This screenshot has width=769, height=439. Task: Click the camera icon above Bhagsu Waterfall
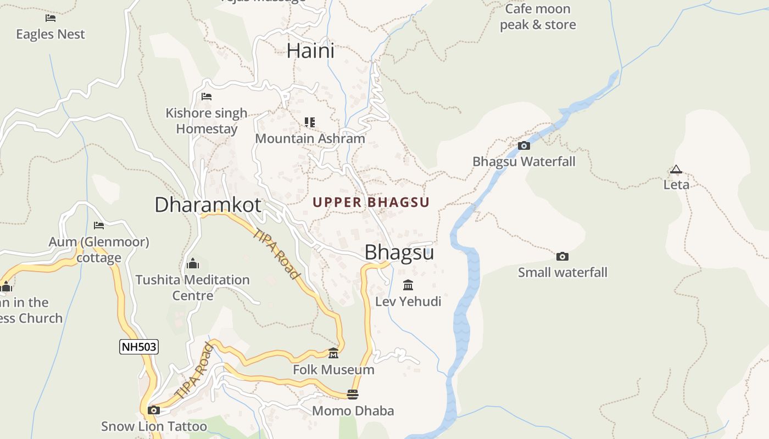(524, 145)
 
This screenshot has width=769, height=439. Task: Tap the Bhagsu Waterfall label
(524, 161)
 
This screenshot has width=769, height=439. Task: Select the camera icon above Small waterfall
(562, 256)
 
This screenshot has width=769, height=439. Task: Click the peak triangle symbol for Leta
(676, 170)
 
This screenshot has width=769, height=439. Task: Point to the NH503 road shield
(139, 347)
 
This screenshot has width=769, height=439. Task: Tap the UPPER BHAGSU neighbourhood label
(371, 202)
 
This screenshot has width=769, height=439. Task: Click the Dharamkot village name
(208, 205)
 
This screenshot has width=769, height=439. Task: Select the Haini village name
(310, 51)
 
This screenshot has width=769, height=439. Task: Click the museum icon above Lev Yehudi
(408, 285)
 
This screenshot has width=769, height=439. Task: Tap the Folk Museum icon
(333, 353)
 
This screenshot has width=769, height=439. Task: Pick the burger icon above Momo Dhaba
(353, 394)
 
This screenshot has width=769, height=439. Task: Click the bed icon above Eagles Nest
(51, 18)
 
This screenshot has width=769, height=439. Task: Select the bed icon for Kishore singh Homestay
(207, 97)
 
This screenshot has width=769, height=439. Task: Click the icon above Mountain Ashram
(310, 122)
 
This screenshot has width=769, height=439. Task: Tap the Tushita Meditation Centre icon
(192, 264)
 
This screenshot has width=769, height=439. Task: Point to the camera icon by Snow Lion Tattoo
(154, 410)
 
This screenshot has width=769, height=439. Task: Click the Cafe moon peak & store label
(537, 17)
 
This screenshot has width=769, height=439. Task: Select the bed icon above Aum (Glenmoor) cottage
(99, 225)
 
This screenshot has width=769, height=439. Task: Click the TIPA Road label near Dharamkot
(278, 254)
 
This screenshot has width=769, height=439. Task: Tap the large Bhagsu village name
(399, 252)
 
